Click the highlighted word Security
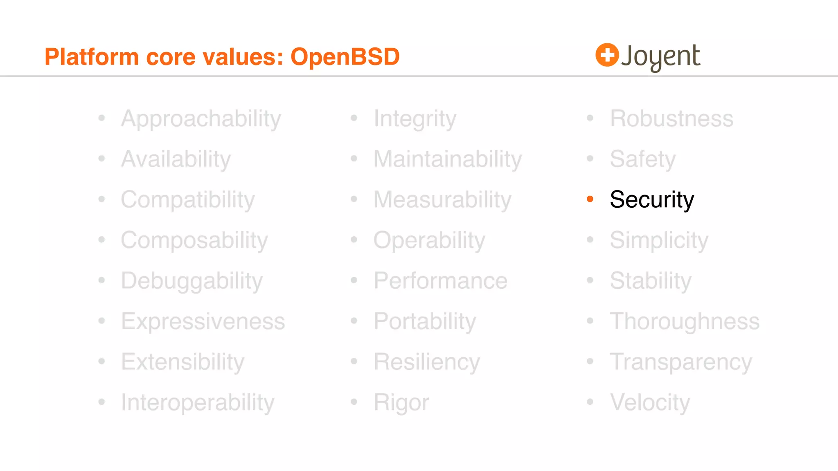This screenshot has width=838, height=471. tap(652, 200)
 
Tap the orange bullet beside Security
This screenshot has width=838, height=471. tap(590, 199)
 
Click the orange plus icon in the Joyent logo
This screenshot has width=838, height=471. tap(607, 55)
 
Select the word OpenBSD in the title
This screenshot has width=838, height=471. tap(345, 56)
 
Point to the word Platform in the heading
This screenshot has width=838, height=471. tap(92, 56)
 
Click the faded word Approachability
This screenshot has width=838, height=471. tap(201, 119)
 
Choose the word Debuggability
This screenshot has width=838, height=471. tap(192, 281)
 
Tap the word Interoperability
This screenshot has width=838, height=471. tap(198, 403)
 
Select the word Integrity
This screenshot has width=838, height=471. tap(415, 119)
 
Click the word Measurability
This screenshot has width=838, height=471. tap(442, 200)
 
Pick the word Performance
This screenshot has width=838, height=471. tap(441, 281)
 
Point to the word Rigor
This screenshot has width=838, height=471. tap(401, 403)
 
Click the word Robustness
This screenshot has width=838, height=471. tap(671, 119)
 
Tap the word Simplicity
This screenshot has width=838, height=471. tap(659, 240)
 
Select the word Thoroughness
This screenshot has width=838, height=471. tap(685, 321)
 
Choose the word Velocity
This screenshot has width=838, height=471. tap(650, 403)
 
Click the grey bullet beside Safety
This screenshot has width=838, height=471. tap(590, 159)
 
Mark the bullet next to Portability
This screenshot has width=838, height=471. tap(354, 321)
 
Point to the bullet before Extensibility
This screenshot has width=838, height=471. tap(102, 361)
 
